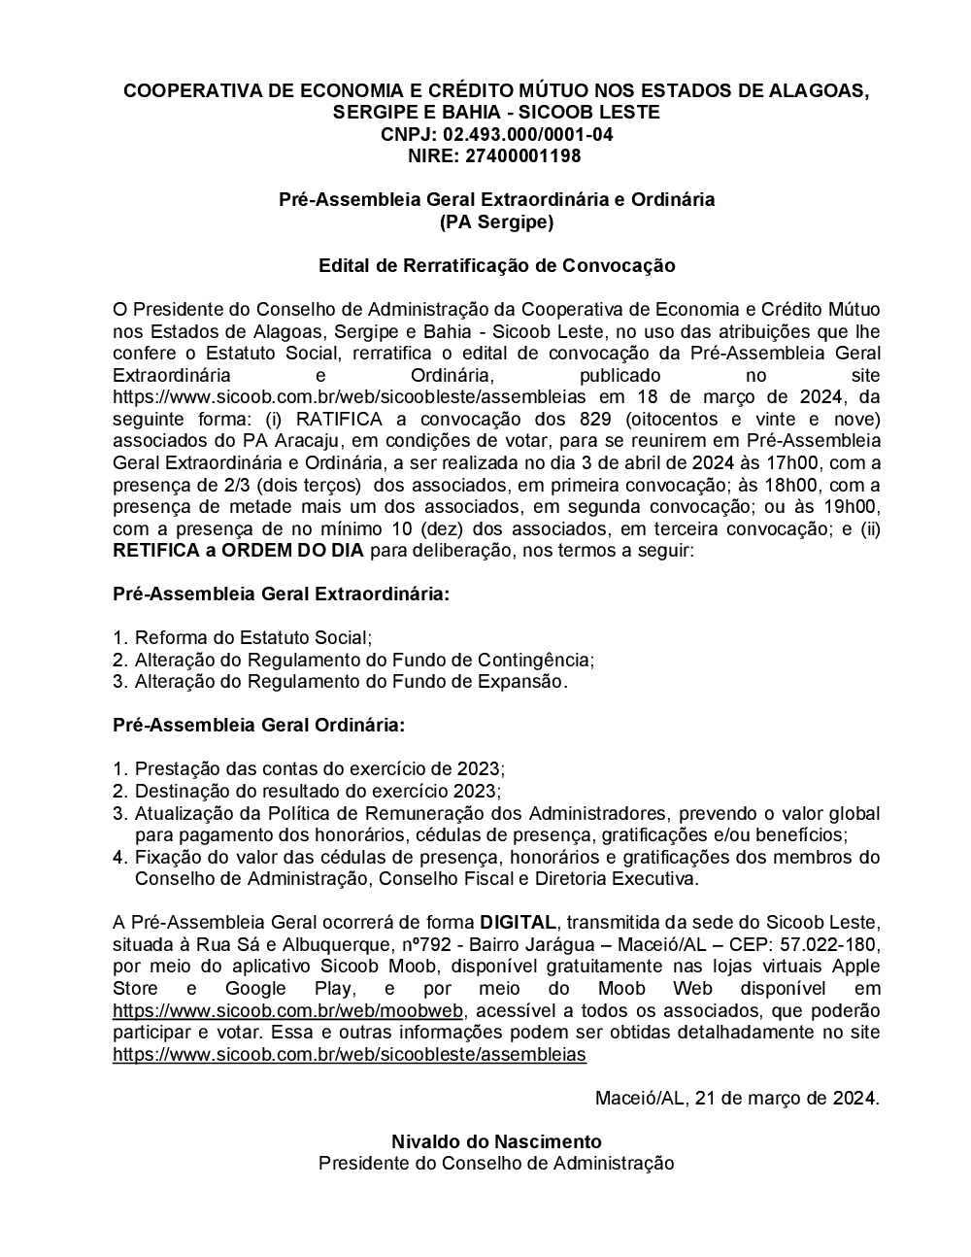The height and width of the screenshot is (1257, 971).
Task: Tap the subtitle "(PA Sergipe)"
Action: (x=496, y=221)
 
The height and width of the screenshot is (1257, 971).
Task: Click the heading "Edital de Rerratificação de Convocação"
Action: (x=496, y=265)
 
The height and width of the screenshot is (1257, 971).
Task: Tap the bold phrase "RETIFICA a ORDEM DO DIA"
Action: (x=239, y=551)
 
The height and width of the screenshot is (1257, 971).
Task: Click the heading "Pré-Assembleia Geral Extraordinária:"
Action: (x=282, y=594)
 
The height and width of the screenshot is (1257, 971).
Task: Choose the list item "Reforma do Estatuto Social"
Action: (x=252, y=637)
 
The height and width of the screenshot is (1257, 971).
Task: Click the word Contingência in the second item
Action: (x=536, y=660)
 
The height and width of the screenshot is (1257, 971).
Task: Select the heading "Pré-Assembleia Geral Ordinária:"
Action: (x=259, y=725)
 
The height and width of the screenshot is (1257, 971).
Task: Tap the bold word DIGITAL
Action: (x=518, y=922)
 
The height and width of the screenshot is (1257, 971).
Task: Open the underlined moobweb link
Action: (x=288, y=1010)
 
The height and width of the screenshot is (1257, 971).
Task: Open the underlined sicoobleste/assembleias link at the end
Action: (x=350, y=1054)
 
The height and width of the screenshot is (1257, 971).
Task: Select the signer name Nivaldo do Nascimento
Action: (x=496, y=1141)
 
